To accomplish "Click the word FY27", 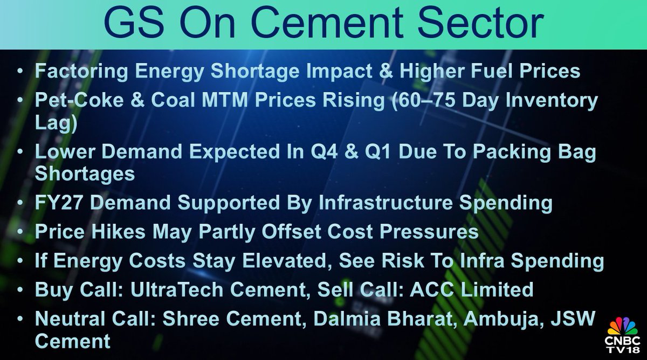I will click(x=55, y=203).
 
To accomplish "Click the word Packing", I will click(x=498, y=152).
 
